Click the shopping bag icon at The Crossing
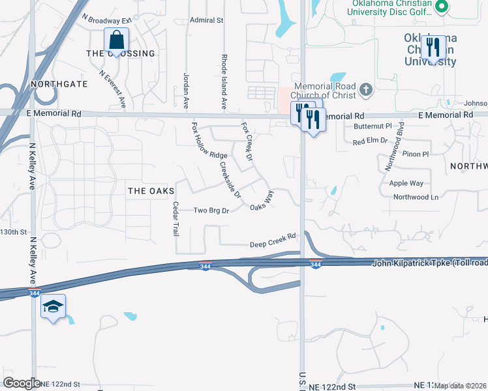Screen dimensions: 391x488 click(115, 40)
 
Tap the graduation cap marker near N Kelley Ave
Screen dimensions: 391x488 click(53, 307)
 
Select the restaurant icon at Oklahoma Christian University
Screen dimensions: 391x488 click(433, 47)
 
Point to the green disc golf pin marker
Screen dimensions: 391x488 click(442, 7)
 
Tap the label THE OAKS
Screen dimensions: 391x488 click(151, 191)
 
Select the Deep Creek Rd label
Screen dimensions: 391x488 click(273, 244)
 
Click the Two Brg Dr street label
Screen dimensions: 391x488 click(211, 210)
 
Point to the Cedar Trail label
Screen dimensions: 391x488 click(175, 218)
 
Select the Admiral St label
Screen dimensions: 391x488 click(206, 20)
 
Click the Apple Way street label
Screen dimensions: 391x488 click(406, 184)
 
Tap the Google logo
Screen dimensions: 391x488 click(22, 383)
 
